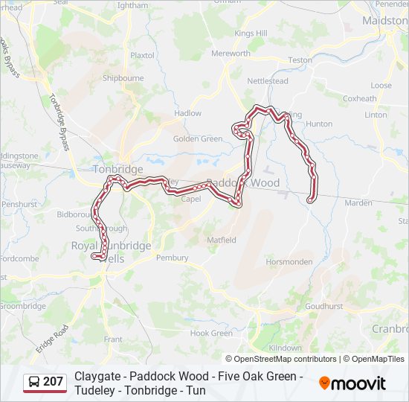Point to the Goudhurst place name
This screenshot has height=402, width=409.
pyautogui.click(x=323, y=306)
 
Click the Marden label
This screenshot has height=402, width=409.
pyautogui.click(x=358, y=202)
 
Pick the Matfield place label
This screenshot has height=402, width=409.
pyautogui.click(x=222, y=240)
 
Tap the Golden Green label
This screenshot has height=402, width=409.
pyautogui.click(x=198, y=139)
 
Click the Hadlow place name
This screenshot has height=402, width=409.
pyautogui.click(x=187, y=113)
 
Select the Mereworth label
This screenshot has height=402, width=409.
pyautogui.click(x=231, y=54)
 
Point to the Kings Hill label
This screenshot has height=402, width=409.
pyautogui.click(x=251, y=33)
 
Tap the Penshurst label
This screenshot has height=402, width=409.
pyautogui.click(x=19, y=204)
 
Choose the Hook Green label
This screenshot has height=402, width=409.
pyautogui.click(x=211, y=334)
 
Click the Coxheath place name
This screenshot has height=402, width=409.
pyautogui.click(x=360, y=98)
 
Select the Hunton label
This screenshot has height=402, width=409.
pyautogui.click(x=319, y=124)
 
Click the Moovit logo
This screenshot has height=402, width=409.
pyautogui.click(x=352, y=383)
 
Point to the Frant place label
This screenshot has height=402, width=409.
pyautogui.click(x=113, y=339)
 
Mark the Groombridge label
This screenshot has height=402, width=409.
pyautogui.click(x=22, y=306)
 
